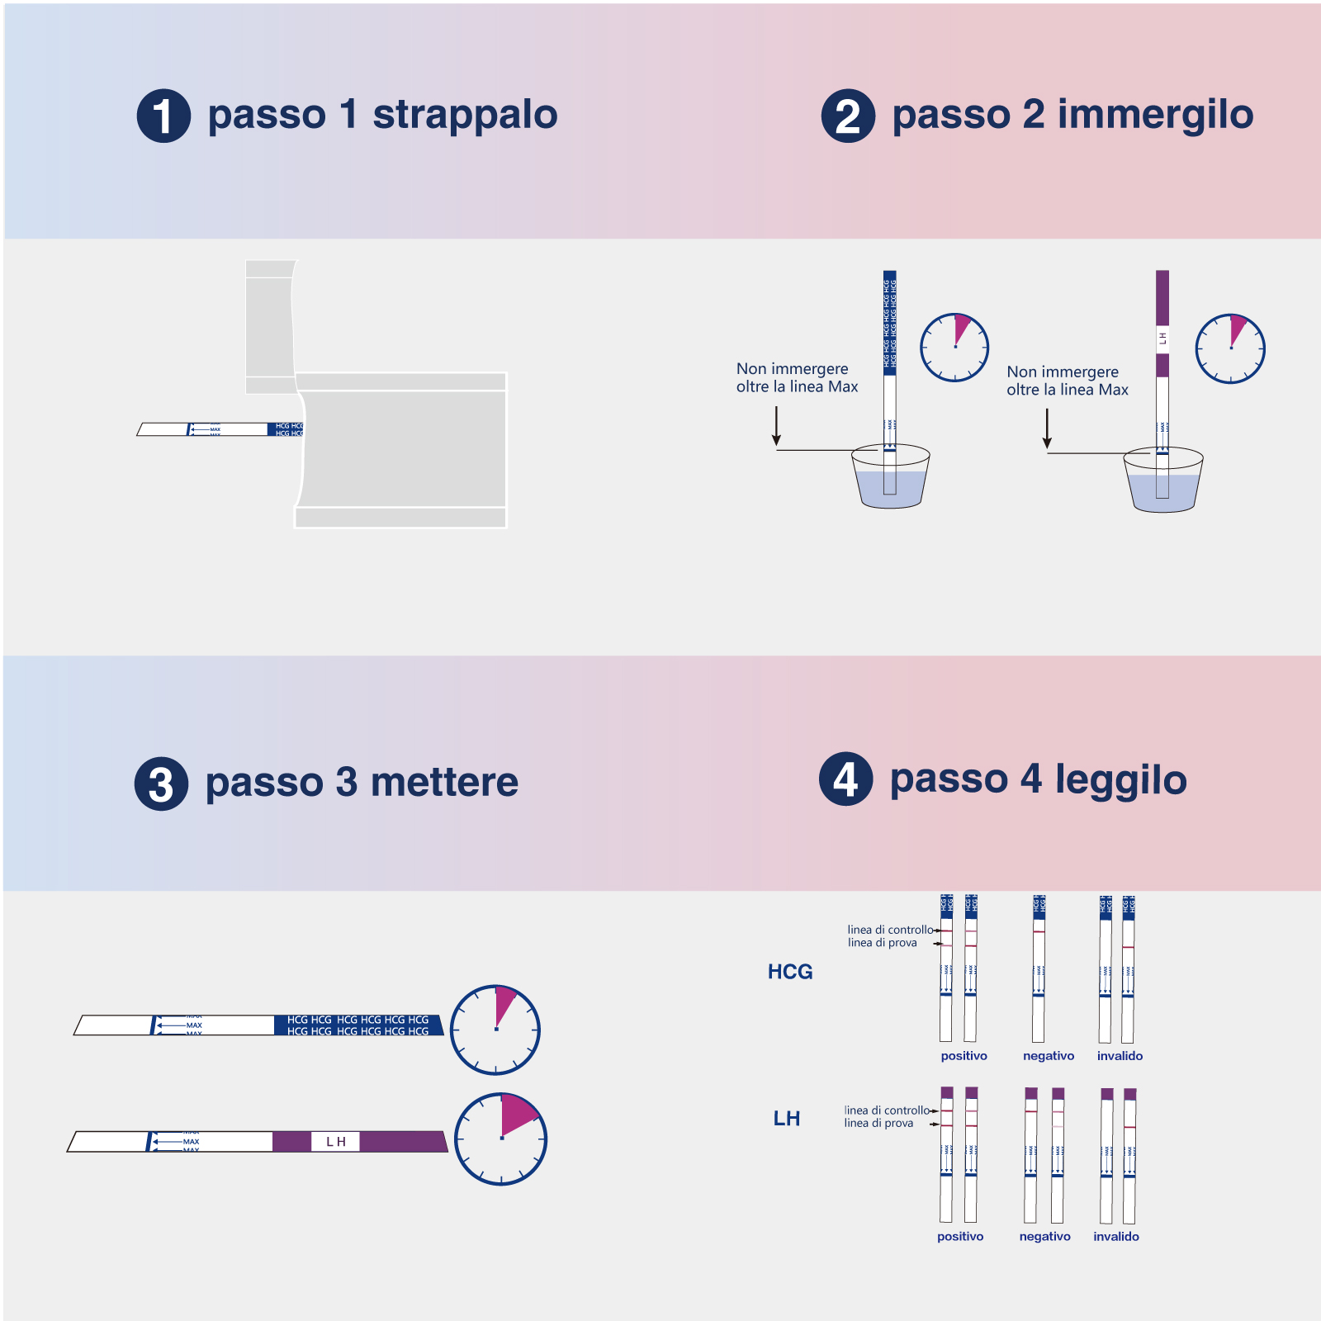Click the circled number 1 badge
[x=163, y=116]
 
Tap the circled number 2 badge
[x=848, y=116]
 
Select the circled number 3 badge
[x=161, y=784]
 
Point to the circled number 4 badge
[x=845, y=779]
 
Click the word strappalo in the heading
[x=465, y=115]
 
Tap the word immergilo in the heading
[x=1155, y=115]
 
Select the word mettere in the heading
[x=444, y=783]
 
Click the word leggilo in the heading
[x=1120, y=780]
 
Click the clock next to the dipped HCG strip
[x=954, y=347]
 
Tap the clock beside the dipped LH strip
[x=1230, y=348]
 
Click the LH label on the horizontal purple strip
[x=335, y=1142]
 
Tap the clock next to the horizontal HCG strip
[x=495, y=1030]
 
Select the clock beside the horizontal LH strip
[x=501, y=1139]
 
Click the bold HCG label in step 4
[x=790, y=972]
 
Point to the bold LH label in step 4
[x=786, y=1119]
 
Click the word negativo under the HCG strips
[x=1049, y=1056]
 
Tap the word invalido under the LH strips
[x=1116, y=1237]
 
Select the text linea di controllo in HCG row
[x=890, y=930]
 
